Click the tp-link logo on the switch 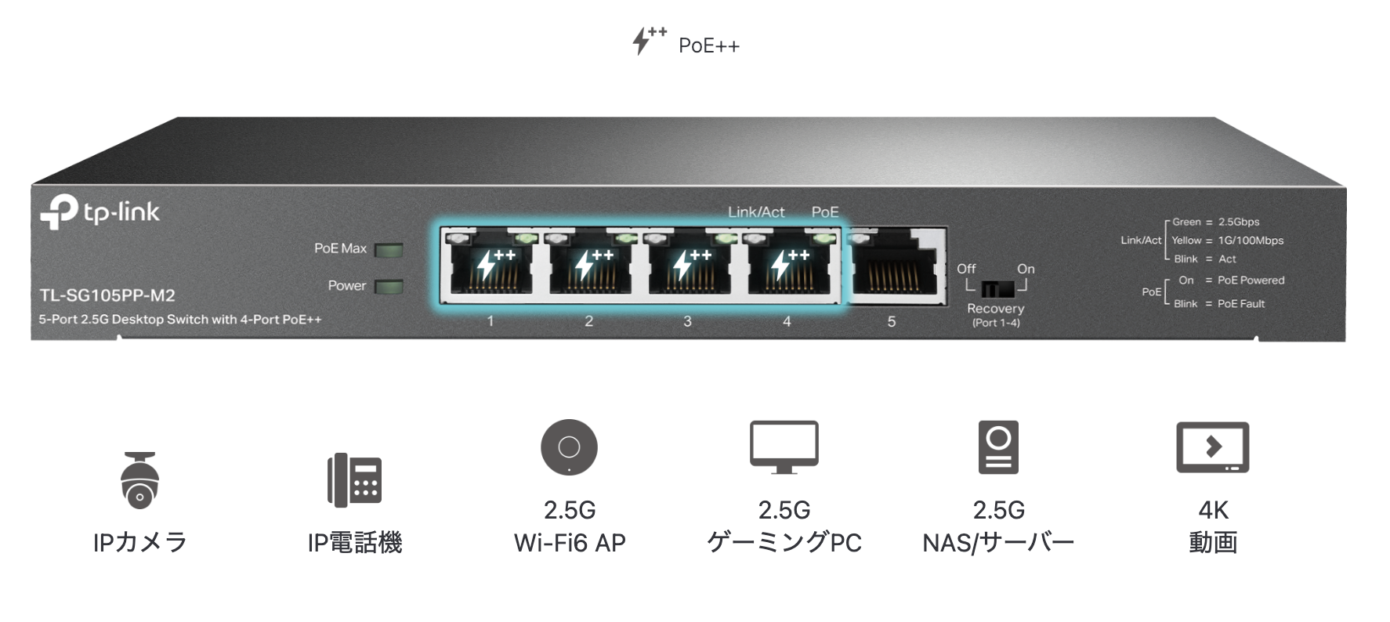pyautogui.click(x=100, y=212)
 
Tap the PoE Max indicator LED pyautogui.click(x=389, y=250)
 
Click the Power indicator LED pyautogui.click(x=389, y=287)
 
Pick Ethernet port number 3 pyautogui.click(x=687, y=266)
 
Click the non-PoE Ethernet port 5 pyautogui.click(x=895, y=266)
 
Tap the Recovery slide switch pyautogui.click(x=997, y=287)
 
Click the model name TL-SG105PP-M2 pyautogui.click(x=107, y=295)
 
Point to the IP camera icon pyautogui.click(x=140, y=480)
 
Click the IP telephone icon pyautogui.click(x=354, y=479)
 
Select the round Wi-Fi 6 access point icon pyautogui.click(x=569, y=447)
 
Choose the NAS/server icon pyautogui.click(x=998, y=447)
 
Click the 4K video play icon pyautogui.click(x=1212, y=447)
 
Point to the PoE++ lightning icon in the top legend pyautogui.click(x=649, y=40)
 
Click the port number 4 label pyautogui.click(x=787, y=321)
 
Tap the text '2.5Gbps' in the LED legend pyautogui.click(x=1239, y=222)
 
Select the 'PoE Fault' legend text pyautogui.click(x=1241, y=304)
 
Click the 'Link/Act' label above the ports pyautogui.click(x=756, y=212)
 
